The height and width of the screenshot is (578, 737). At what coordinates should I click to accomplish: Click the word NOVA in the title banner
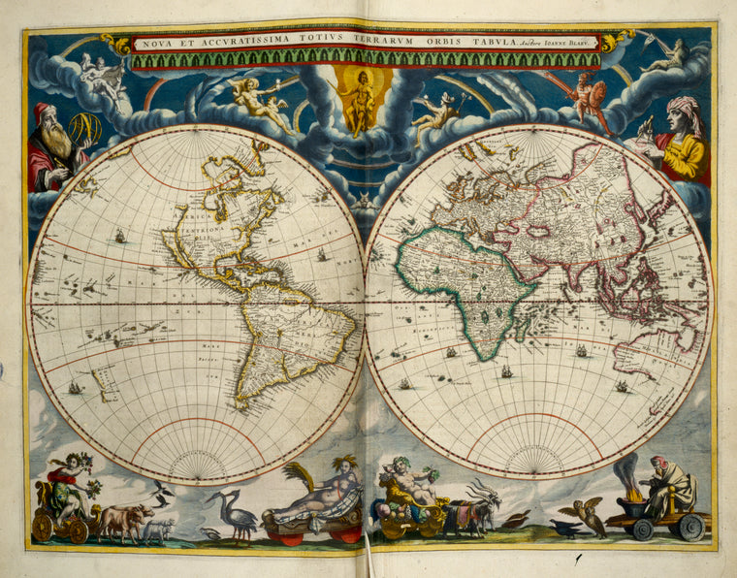[x=150, y=43]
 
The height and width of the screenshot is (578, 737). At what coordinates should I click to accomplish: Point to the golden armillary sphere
[x=84, y=128]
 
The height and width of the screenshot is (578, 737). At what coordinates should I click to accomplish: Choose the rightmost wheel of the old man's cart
[x=691, y=528]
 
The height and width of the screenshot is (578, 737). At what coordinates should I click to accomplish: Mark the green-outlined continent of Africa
[x=465, y=281]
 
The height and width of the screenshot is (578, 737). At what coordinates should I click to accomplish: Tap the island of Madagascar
[x=529, y=325]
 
